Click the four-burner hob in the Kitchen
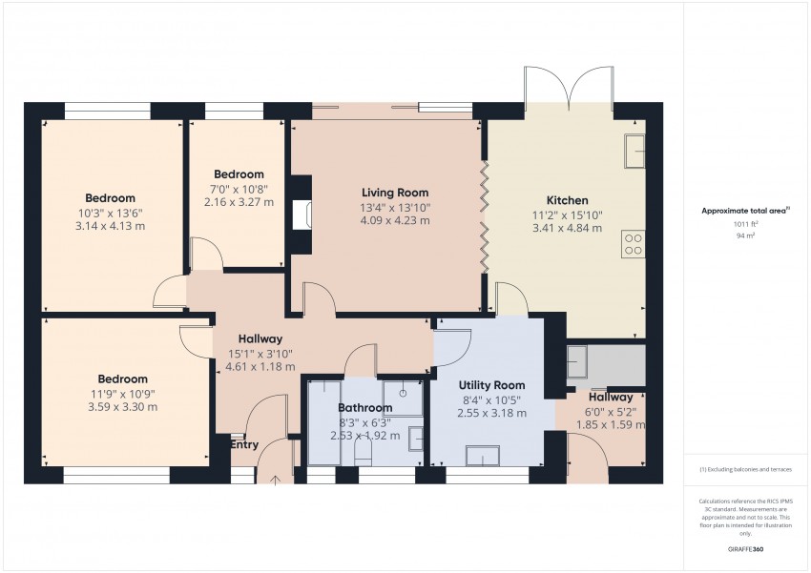coord(634,244)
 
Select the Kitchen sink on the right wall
coord(634,151)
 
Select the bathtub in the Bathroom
coord(324,421)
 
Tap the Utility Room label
coord(491,384)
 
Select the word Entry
coord(244,444)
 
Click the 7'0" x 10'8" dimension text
coord(238,189)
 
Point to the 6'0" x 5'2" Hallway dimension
coord(611,411)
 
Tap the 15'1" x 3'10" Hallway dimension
coord(260,353)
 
